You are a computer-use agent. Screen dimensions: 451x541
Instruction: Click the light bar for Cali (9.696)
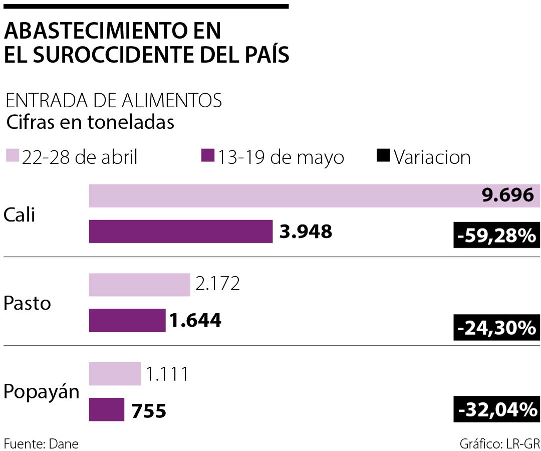[x=281, y=196]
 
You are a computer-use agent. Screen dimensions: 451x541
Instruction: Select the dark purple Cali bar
[x=181, y=232]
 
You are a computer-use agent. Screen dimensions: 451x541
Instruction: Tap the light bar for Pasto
[x=139, y=285]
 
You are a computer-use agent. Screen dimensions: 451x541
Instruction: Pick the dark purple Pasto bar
[x=127, y=320]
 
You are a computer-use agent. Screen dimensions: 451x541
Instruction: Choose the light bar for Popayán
[x=115, y=374]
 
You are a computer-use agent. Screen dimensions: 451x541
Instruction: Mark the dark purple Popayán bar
[x=107, y=409]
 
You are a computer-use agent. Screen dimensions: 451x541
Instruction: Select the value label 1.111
[x=167, y=374]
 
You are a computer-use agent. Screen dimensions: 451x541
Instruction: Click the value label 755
[x=148, y=410]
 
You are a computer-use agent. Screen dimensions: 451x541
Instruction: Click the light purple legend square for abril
[x=13, y=156]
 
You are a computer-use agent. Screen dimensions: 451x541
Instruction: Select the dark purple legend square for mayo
[x=207, y=156]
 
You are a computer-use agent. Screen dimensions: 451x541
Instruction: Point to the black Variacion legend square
[x=383, y=156]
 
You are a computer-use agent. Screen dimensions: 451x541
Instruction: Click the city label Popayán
[x=41, y=392]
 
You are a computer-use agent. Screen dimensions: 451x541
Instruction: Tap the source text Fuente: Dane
[x=41, y=443]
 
